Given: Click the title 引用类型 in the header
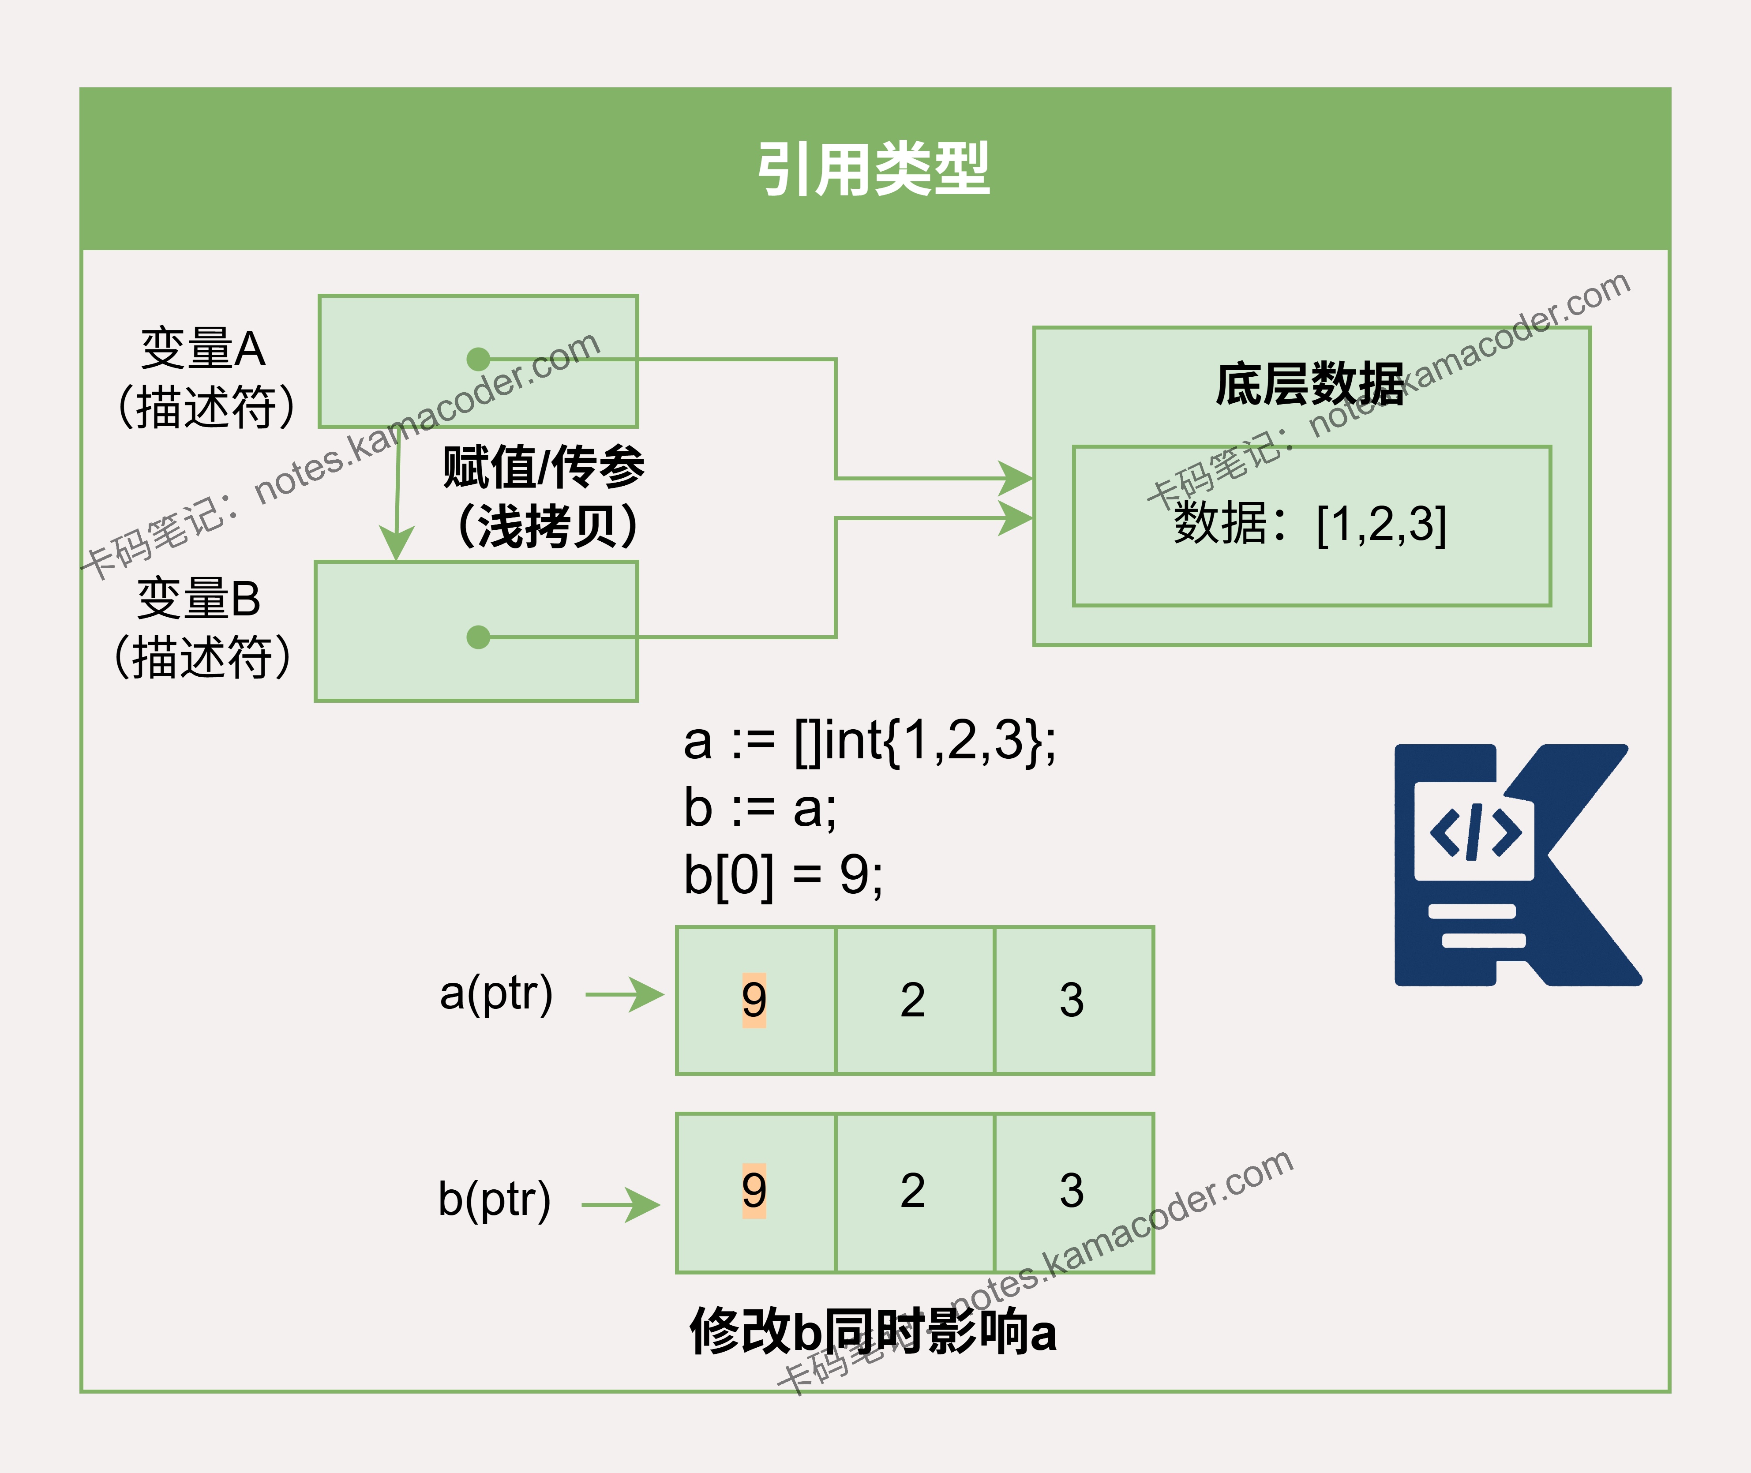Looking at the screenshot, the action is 874,169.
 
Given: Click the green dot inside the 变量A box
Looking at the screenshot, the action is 479,359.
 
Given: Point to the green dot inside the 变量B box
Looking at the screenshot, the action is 479,637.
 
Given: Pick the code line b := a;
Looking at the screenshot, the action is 760,808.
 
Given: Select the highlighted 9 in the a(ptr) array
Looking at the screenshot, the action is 754,1000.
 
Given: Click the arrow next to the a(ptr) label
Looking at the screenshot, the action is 625,994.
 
